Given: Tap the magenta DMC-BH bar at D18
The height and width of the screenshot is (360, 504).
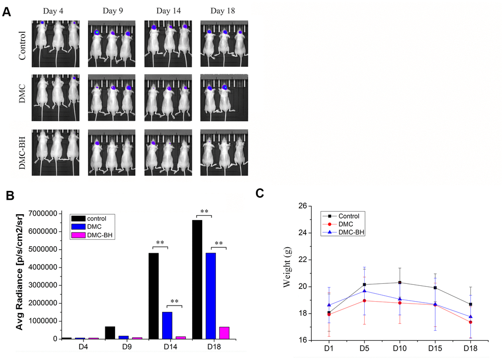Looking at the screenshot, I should coord(224,333).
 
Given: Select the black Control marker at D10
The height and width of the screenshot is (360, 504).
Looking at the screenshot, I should coord(399,282).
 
